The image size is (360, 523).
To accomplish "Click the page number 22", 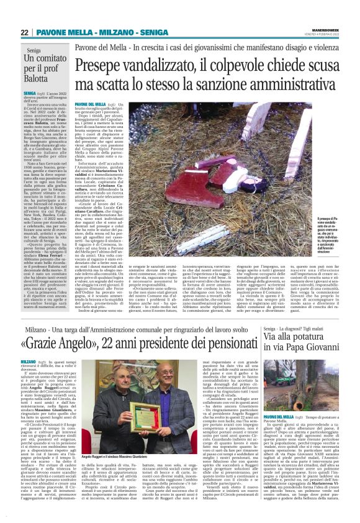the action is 25,32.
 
